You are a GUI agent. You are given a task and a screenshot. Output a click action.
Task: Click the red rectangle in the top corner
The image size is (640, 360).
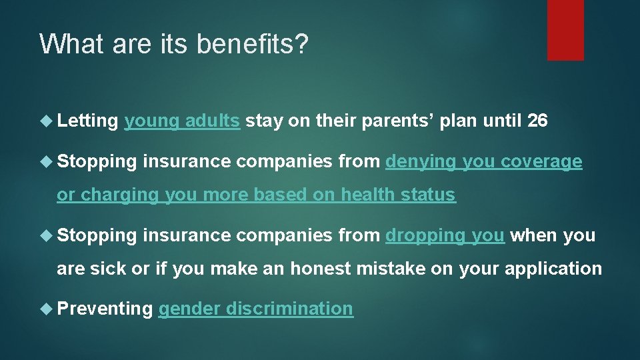coord(565,30)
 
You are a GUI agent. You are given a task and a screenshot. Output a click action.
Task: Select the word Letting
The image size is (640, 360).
coord(87,121)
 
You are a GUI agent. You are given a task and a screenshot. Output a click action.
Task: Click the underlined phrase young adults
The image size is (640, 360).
coord(182,121)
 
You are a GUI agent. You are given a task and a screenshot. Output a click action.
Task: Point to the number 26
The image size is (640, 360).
coord(537,121)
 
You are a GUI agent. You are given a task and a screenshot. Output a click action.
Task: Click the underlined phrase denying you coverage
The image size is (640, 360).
coord(484,161)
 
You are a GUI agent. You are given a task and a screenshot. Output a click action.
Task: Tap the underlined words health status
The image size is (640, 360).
coord(398,195)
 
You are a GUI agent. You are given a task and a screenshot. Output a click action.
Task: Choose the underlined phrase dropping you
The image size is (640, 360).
coord(445,235)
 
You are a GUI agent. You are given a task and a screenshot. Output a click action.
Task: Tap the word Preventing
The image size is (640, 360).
coord(105,309)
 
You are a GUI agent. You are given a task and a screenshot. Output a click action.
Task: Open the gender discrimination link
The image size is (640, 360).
coord(255,309)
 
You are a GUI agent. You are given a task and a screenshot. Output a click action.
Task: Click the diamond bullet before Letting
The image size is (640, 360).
coord(47,121)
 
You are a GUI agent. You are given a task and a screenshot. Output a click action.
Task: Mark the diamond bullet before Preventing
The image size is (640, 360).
coord(47,309)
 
